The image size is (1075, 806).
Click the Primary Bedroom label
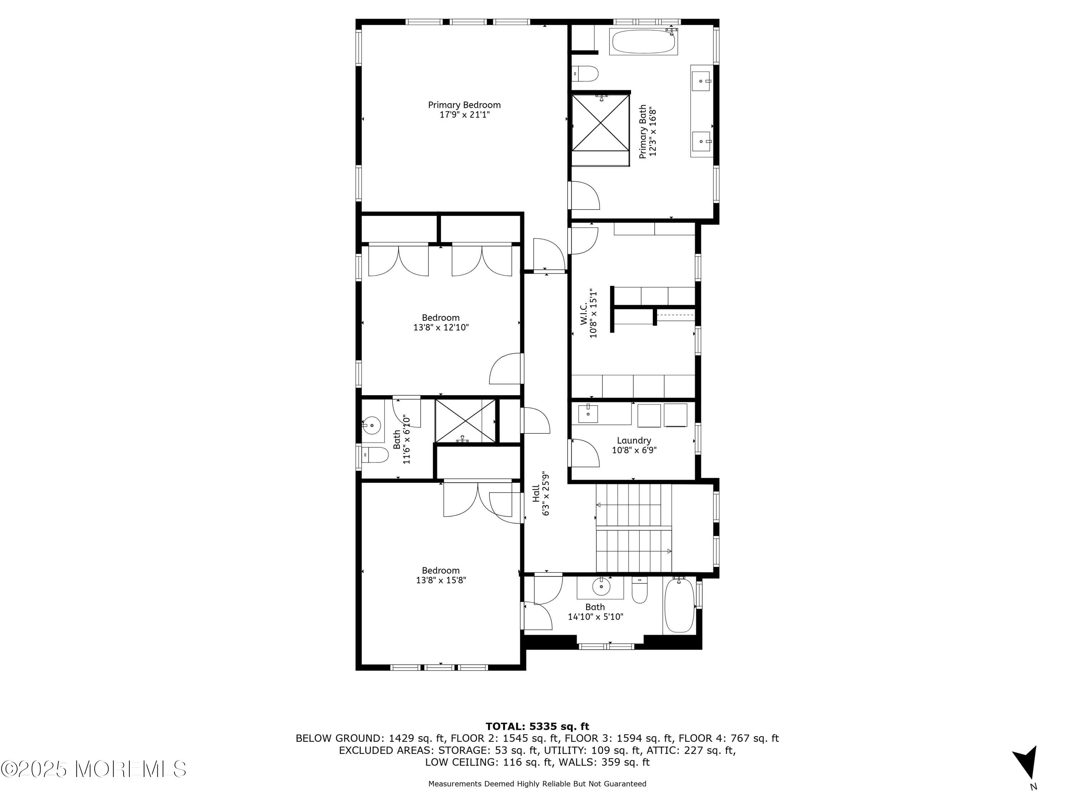pos(464,105)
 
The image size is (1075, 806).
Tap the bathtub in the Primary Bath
pos(643,43)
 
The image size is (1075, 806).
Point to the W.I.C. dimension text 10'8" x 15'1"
pos(593,314)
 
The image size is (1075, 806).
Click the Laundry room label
pos(634,440)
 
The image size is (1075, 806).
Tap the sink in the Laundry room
pos(588,414)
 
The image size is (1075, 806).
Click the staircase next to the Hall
pos(634,528)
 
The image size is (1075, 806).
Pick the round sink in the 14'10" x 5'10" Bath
pos(601,587)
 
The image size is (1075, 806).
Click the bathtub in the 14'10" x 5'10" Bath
pos(679,606)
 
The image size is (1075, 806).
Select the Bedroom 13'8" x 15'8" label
pos(441,570)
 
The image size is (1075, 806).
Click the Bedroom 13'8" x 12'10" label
pos(441,318)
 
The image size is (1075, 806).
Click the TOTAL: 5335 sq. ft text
pos(537,726)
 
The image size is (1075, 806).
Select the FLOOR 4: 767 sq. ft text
pos(728,738)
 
